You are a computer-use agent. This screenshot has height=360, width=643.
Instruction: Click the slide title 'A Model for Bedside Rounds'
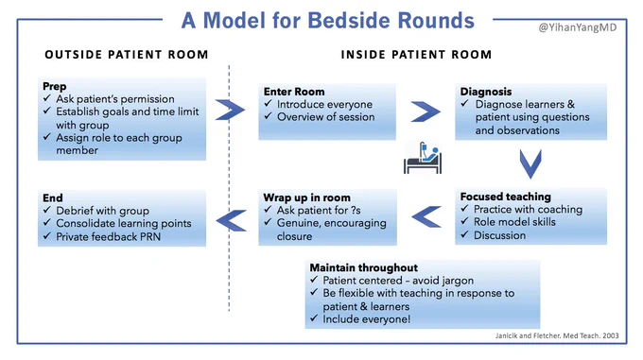328,21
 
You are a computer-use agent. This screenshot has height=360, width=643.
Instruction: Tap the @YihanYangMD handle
578,27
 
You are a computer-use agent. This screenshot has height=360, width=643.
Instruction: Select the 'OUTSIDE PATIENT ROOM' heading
127,55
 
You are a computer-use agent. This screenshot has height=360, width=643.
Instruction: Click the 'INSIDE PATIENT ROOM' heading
416,55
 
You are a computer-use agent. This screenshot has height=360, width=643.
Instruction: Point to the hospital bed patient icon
423,158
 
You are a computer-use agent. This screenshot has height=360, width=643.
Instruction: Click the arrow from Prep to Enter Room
230,110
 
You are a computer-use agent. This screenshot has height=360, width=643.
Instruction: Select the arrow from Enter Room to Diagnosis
426,111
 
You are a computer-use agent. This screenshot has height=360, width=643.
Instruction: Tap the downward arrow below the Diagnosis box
530,163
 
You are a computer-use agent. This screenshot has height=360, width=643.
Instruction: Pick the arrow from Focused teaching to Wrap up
426,216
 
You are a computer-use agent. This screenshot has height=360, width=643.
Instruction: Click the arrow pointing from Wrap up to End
232,220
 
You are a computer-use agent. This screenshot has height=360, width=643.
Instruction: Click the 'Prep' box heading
55,86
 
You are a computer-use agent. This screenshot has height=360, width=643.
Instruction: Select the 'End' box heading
53,197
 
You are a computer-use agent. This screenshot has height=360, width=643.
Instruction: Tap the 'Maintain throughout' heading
364,267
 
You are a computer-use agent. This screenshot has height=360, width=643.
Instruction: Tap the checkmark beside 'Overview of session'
269,116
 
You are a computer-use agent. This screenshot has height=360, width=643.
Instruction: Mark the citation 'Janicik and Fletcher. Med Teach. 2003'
557,335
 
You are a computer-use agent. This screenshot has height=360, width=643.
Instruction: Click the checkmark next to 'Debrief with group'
47,210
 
